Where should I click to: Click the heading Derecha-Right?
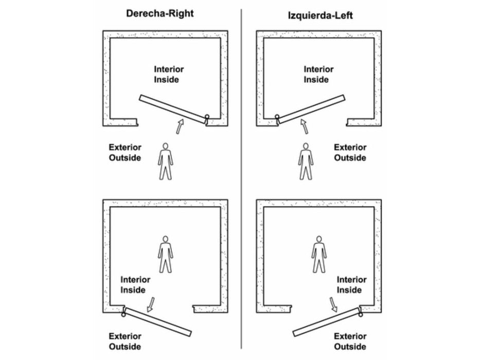pyautogui.click(x=160, y=14)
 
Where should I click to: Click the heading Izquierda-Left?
pyautogui.click(x=320, y=15)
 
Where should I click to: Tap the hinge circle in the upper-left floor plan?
pyautogui.click(x=207, y=116)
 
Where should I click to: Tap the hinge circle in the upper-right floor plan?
pyautogui.click(x=277, y=117)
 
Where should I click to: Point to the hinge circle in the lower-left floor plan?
pyautogui.click(x=123, y=314)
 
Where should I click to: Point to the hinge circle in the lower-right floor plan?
pyautogui.click(x=361, y=314)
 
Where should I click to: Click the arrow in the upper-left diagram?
pyautogui.click(x=180, y=127)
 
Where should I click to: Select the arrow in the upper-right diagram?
pyautogui.click(x=304, y=127)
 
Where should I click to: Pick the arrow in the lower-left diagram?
pyautogui.click(x=150, y=304)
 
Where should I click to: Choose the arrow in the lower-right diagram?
pyautogui.click(x=333, y=304)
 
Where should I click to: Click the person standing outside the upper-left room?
pyautogui.click(x=165, y=161)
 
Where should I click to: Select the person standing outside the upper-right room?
pyautogui.click(x=306, y=161)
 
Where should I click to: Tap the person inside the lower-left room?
pyautogui.click(x=165, y=254)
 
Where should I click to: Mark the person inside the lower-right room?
pyautogui.click(x=319, y=254)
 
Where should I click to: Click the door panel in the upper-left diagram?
pyautogui.click(x=172, y=109)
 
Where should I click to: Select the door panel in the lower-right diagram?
pyautogui.click(x=326, y=322)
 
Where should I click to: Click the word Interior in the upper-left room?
pyautogui.click(x=169, y=69)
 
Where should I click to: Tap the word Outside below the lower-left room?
pyautogui.click(x=125, y=347)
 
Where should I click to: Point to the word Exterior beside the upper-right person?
pyautogui.click(x=350, y=148)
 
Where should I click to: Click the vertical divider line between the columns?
pyautogui.click(x=241, y=179)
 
